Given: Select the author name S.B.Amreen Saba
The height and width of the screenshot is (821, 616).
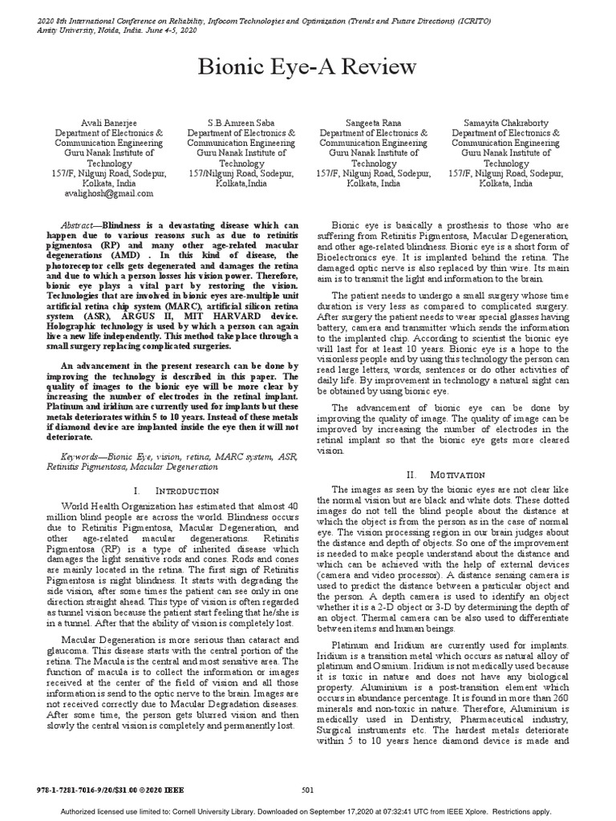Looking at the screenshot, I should click(x=236, y=122).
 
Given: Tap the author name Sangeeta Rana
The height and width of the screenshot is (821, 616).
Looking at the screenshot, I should click(x=371, y=122).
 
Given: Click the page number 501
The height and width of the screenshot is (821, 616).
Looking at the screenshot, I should click(x=307, y=790).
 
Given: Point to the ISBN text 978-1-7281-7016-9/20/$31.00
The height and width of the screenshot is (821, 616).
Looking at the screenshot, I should click(x=88, y=790).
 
